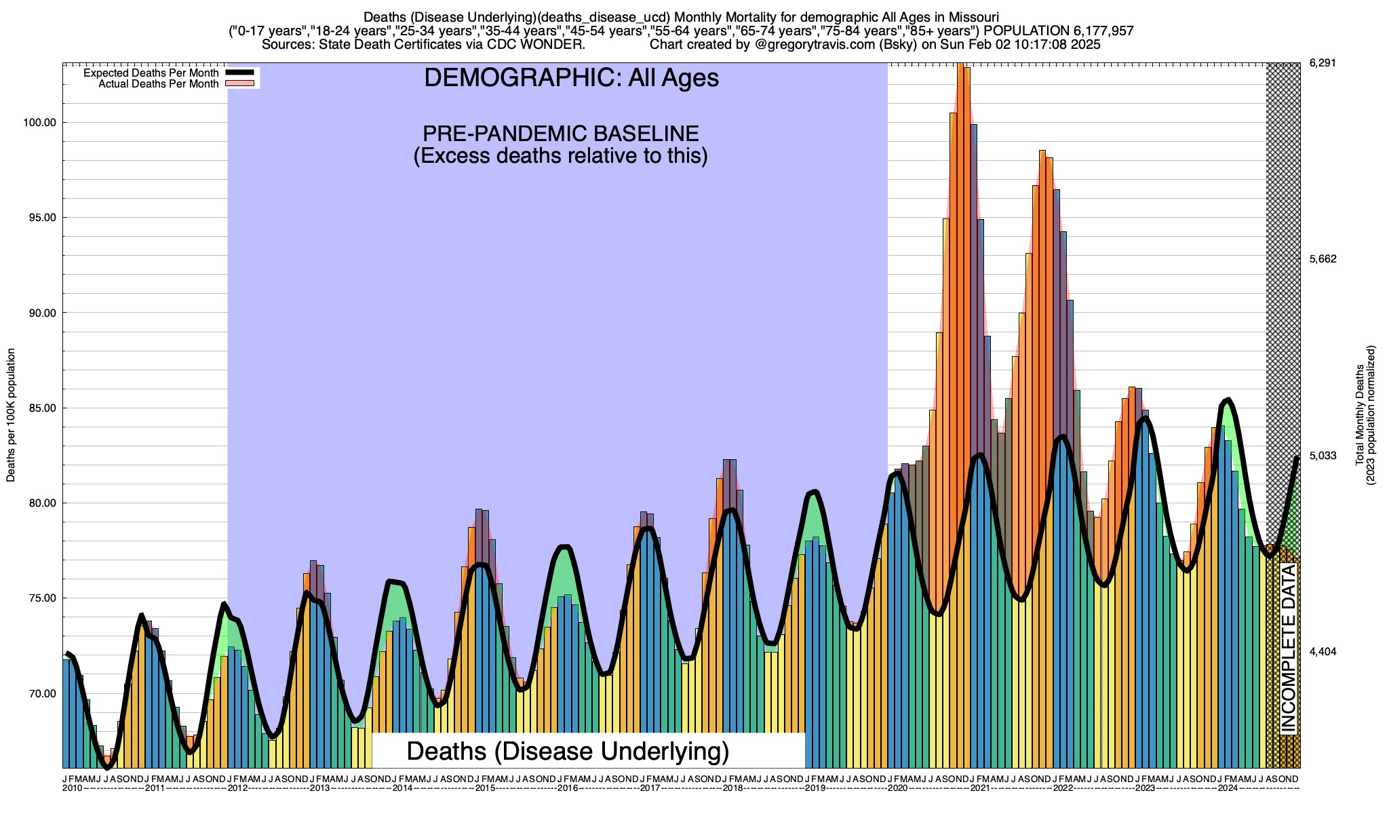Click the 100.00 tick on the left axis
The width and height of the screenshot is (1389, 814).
pyautogui.click(x=39, y=123)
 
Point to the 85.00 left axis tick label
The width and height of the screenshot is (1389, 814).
pyautogui.click(x=40, y=408)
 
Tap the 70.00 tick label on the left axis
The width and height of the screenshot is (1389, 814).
pyautogui.click(x=40, y=694)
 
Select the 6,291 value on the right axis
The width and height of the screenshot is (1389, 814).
pyautogui.click(x=1322, y=63)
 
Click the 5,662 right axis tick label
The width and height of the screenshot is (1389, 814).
pyautogui.click(x=1322, y=259)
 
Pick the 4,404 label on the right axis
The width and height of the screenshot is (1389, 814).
pyautogui.click(x=1322, y=652)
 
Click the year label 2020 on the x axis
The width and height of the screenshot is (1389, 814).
pyautogui.click(x=897, y=788)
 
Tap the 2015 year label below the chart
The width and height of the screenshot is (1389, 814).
pyautogui.click(x=485, y=788)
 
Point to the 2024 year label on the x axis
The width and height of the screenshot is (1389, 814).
pyautogui.click(x=1228, y=788)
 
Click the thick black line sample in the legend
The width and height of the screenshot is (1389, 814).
pyautogui.click(x=239, y=73)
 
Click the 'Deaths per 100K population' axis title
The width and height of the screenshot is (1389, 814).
pyautogui.click(x=11, y=415)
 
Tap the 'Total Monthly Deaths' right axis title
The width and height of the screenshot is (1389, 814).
pyautogui.click(x=1359, y=415)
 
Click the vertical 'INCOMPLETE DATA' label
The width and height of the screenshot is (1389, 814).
pyautogui.click(x=1288, y=648)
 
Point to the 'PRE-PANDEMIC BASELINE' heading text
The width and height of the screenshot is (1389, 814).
pyautogui.click(x=560, y=133)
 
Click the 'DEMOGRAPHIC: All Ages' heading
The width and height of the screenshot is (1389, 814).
pyautogui.click(x=571, y=78)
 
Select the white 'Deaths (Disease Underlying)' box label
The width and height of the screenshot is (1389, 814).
pyautogui.click(x=568, y=751)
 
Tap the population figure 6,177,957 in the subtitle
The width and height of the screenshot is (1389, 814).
pyautogui.click(x=1092, y=31)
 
